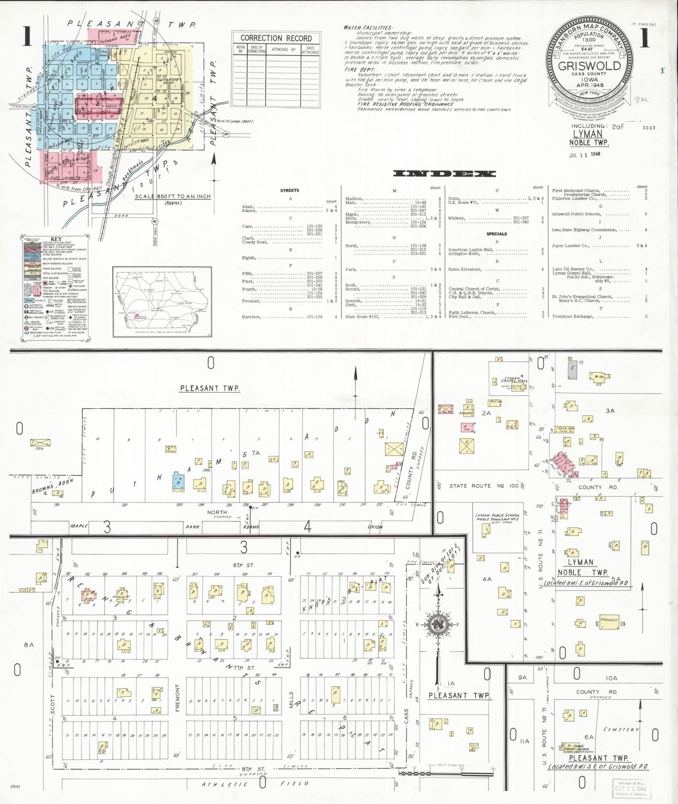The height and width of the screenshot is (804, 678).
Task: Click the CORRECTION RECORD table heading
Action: coord(276,38)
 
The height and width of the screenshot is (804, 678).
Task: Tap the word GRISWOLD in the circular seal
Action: coord(589,66)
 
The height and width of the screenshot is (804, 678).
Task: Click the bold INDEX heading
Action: coord(444,174)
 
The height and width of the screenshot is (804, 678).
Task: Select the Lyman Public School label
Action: coord(497,517)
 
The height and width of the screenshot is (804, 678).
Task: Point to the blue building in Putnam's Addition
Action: coord(179,482)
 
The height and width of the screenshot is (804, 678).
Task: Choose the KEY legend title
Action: coord(56,239)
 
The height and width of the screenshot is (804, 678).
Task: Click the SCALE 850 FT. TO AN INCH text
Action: coord(173,196)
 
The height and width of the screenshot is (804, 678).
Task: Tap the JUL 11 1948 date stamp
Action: coord(585,154)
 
